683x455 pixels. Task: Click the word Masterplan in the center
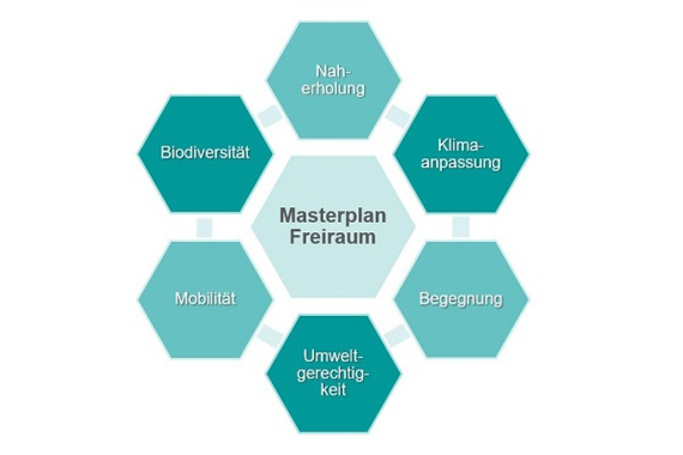pyautogui.click(x=333, y=216)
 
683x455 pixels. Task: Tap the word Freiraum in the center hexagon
pyautogui.click(x=333, y=236)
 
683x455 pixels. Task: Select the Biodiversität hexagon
pyautogui.click(x=205, y=153)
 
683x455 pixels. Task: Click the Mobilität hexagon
pyautogui.click(x=205, y=299)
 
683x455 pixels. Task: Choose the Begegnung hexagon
pyautogui.click(x=461, y=299)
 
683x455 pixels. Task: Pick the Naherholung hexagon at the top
pyautogui.click(x=333, y=80)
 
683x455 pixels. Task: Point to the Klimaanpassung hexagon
pyautogui.click(x=461, y=153)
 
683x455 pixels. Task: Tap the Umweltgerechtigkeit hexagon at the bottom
pyautogui.click(x=333, y=373)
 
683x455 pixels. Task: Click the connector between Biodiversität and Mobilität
pyautogui.click(x=204, y=227)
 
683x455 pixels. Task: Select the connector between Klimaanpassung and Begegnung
pyautogui.click(x=461, y=227)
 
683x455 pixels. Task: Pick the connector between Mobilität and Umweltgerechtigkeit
pyautogui.click(x=269, y=335)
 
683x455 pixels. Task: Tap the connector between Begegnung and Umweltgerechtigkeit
pyautogui.click(x=397, y=335)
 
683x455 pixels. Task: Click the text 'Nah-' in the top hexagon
pyautogui.click(x=333, y=71)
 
